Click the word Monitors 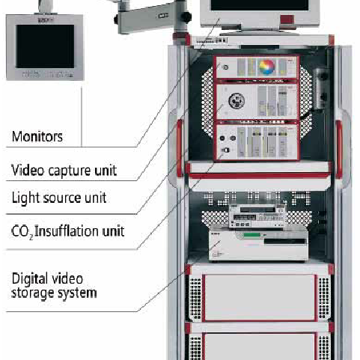point(37,136)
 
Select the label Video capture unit point(64,171)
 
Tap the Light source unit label point(59,198)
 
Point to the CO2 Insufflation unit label point(68,231)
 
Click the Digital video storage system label point(54,286)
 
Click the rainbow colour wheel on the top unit point(266,67)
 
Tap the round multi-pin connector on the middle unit point(237,100)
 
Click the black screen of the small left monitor point(45,46)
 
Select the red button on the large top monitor point(287,19)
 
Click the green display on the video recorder point(251,235)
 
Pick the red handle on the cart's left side point(180,148)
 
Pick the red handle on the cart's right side point(339,150)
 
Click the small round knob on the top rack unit point(225,67)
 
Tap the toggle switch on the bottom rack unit point(226,150)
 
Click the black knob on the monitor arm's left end point(116,19)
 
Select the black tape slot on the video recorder point(284,241)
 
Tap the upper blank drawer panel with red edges point(260,297)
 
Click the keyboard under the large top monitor point(211,40)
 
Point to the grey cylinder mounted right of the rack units point(321,88)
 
